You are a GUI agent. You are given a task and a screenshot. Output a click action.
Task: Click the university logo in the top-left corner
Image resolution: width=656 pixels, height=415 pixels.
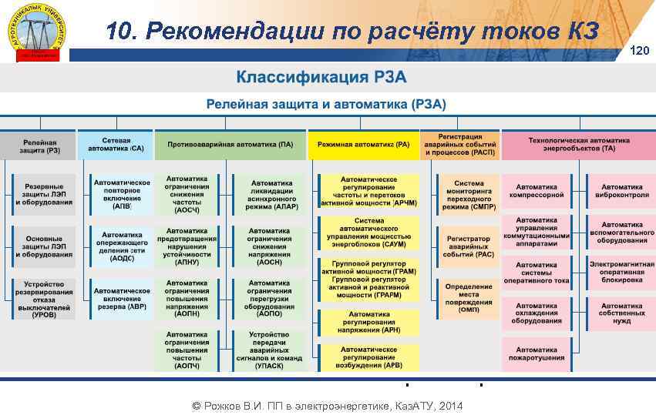39,31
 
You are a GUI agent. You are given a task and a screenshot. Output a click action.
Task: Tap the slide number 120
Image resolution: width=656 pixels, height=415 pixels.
640,51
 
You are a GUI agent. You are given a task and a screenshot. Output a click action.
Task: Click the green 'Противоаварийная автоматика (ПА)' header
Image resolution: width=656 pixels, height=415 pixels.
229,144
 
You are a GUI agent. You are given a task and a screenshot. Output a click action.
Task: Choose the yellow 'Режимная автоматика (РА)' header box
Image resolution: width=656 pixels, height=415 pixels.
362,144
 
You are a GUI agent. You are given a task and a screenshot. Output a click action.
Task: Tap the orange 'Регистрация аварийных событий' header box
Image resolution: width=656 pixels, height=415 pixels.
459,144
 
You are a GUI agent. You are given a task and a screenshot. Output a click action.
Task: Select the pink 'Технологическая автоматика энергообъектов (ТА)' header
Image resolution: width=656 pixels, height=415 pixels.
578,144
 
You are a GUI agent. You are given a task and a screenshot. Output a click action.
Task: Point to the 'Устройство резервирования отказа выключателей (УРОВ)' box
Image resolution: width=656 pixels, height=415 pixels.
44,299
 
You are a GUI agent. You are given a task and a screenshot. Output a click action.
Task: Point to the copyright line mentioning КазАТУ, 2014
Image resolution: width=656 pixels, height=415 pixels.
327,406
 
